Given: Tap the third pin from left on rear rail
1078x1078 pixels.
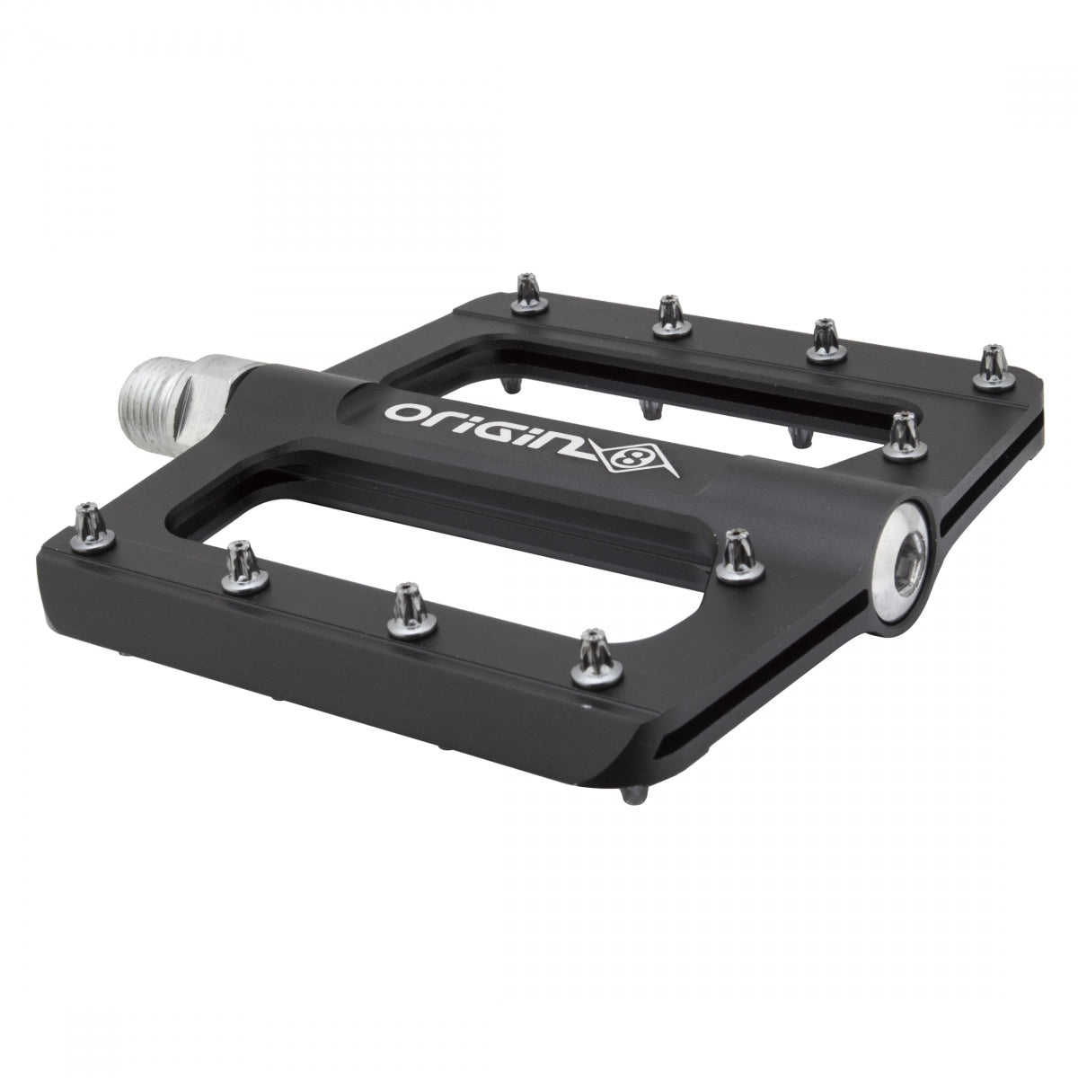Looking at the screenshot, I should [x=821, y=340].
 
